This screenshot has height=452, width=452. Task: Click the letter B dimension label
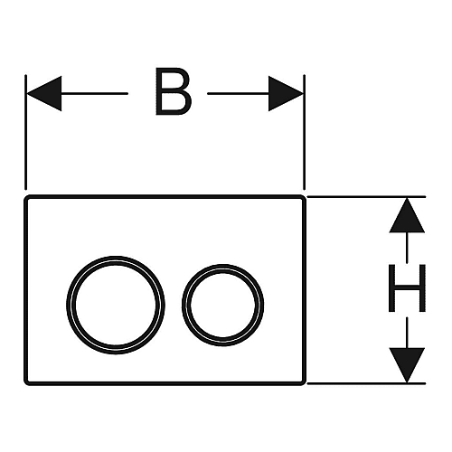tap(174, 91)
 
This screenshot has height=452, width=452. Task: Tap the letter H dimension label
tap(407, 287)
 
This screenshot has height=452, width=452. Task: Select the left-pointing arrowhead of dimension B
tap(44, 93)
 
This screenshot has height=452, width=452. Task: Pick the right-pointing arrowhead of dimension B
tap(286, 93)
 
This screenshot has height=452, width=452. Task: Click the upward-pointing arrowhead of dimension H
tap(407, 215)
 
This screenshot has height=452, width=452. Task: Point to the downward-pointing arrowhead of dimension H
tap(407, 365)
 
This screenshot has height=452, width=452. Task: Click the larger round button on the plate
tap(67, 305)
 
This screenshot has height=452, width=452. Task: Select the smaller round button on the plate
tap(183, 305)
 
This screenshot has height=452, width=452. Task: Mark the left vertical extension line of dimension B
tap(26, 132)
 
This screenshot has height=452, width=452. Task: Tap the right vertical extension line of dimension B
tap(305, 132)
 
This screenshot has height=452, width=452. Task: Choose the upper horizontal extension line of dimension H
tap(366, 197)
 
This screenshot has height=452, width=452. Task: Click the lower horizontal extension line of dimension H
tap(366, 383)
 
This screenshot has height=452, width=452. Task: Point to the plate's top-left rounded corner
tap(26, 197)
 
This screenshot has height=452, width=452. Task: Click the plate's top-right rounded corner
tap(304, 197)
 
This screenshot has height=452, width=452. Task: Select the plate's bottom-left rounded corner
tap(26, 383)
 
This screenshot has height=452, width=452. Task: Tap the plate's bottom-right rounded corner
tap(304, 383)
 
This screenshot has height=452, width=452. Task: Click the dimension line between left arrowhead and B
tap(95, 93)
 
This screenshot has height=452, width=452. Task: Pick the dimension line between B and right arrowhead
tap(238, 93)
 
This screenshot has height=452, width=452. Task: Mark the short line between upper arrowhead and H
tap(407, 248)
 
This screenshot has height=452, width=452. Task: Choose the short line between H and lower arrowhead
tap(407, 333)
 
